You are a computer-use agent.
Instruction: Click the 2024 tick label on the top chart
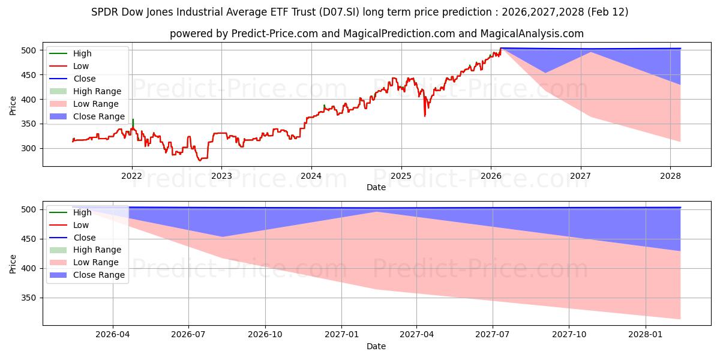tap(311, 175)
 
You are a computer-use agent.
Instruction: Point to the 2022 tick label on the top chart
tap(131, 175)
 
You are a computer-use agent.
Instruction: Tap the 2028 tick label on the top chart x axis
tap(670, 175)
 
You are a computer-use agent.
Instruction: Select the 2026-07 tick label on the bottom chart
tap(188, 334)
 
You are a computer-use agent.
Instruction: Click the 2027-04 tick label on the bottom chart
tap(416, 334)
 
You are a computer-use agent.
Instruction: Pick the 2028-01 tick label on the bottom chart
tap(645, 334)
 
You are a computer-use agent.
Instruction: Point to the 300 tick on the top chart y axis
tap(30, 148)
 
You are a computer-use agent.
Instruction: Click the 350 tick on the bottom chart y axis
tap(30, 298)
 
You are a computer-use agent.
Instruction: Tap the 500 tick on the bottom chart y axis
tap(30, 209)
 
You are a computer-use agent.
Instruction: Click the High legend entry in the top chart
tap(82, 53)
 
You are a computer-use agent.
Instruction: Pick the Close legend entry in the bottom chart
tap(84, 238)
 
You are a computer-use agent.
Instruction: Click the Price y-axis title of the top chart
tap(13, 105)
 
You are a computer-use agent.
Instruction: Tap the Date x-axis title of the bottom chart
tap(376, 346)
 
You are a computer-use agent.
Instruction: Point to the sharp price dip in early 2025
tap(425, 115)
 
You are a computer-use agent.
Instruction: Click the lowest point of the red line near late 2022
tap(200, 160)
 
